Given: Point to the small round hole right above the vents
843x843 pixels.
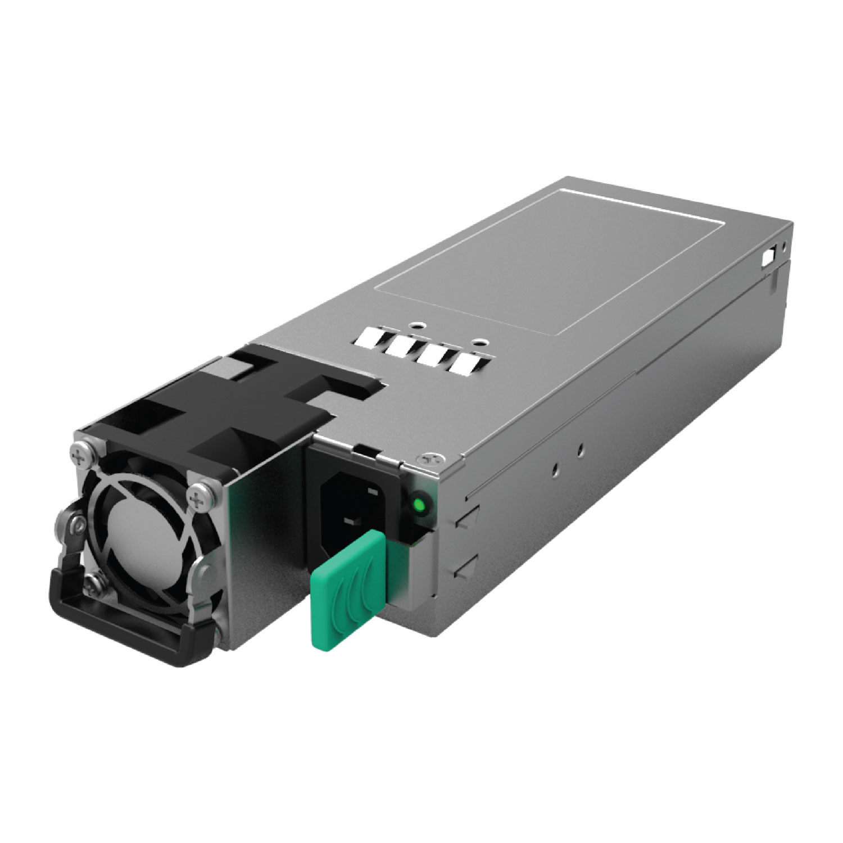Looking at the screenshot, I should pos(479,342).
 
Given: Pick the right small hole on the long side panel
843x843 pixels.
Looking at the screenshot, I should pos(581,448).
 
